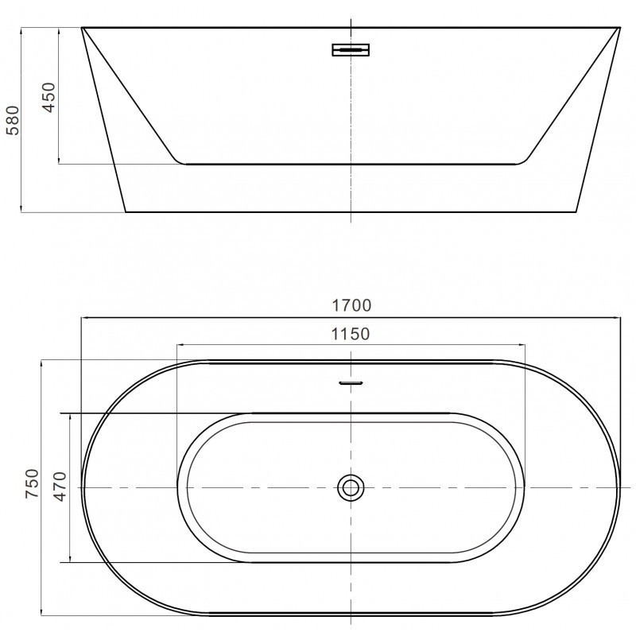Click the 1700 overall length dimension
[351, 305]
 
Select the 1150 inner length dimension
[351, 334]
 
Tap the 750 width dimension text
[32, 483]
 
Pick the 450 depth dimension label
[49, 96]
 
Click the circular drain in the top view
[351, 487]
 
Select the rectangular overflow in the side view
[351, 50]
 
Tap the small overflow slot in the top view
[351, 382]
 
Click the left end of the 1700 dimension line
[81, 317]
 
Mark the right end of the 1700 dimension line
[620, 317]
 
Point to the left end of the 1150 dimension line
[176, 345]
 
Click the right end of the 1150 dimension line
[525, 345]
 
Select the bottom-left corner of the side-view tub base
[126, 212]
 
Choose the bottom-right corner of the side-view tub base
[576, 212]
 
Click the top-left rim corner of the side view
[82, 28]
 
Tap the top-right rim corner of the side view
[619, 28]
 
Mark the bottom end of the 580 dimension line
[21, 212]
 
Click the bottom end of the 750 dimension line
[41, 615]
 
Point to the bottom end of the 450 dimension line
[60, 164]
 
